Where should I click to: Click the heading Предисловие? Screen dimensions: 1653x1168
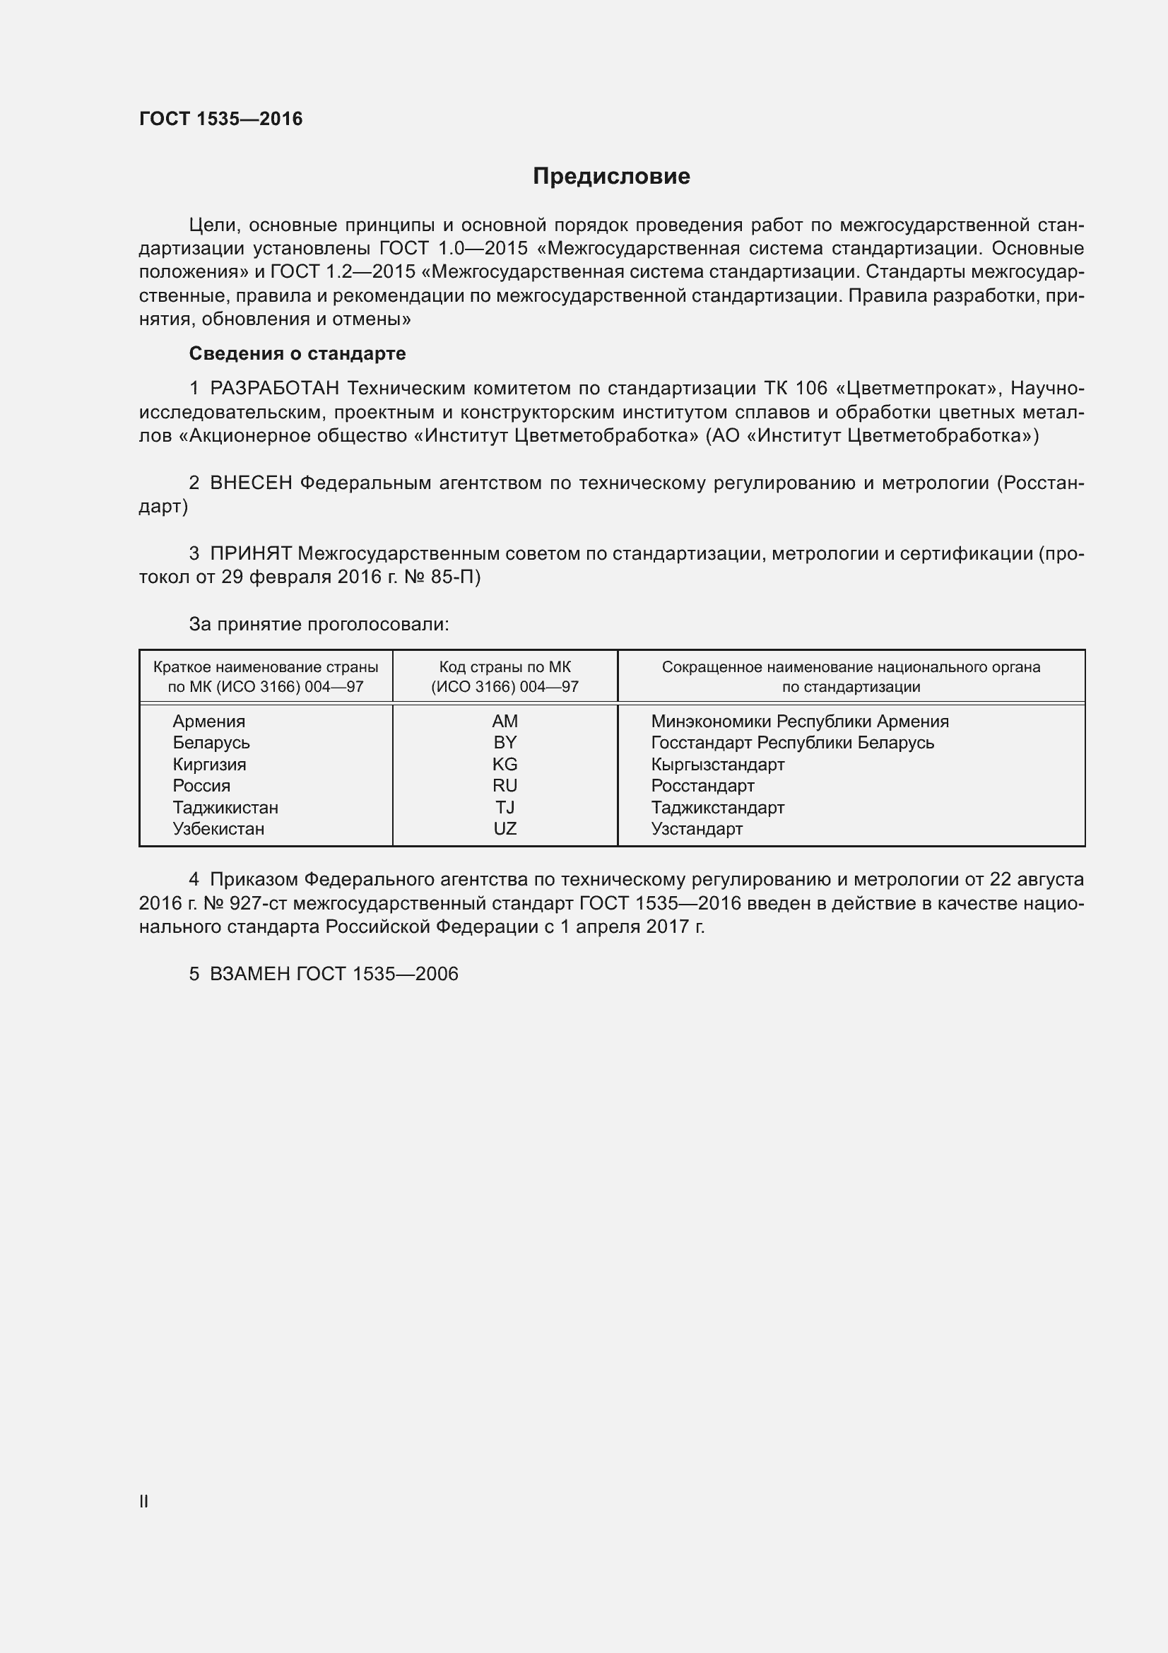pos(611,176)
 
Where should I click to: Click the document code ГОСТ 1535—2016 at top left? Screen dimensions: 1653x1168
pos(221,119)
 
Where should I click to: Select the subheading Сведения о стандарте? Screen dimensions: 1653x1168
pos(297,353)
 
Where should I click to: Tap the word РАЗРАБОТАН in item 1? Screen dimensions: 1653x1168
pos(274,389)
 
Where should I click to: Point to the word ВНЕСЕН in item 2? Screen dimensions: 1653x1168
pos(250,483)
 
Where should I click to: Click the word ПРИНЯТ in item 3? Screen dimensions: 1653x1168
pos(250,553)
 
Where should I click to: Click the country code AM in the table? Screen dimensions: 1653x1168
pos(505,722)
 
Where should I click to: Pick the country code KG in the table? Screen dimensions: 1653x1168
pos(505,765)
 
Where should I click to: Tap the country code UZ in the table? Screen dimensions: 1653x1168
pos(505,829)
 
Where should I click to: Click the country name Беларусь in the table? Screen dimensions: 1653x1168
pos(211,743)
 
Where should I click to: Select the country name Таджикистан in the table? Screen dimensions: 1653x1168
pos(225,808)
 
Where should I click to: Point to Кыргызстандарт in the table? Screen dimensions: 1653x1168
pos(717,765)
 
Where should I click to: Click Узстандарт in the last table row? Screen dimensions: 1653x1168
pos(697,829)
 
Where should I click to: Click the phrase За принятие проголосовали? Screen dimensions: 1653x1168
pos(319,624)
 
